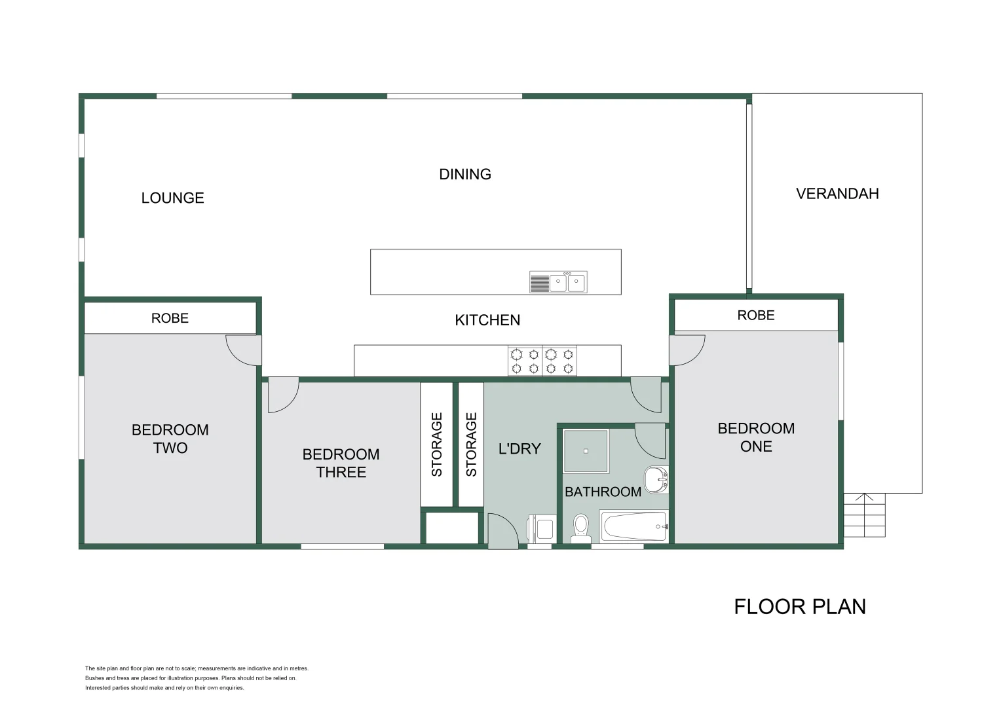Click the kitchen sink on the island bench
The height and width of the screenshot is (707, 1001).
(558, 283)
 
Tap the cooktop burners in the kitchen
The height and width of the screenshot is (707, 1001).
(542, 361)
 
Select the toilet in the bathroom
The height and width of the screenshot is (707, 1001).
(580, 528)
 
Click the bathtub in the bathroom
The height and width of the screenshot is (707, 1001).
(634, 526)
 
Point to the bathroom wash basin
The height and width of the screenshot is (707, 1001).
(656, 479)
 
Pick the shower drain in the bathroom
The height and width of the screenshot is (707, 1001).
(586, 451)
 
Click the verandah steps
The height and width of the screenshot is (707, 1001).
(864, 515)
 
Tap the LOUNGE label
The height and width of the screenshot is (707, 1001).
(172, 198)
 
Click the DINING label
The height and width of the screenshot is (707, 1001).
(464, 174)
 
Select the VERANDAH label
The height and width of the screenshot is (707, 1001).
(837, 194)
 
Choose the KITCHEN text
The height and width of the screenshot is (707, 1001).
(487, 320)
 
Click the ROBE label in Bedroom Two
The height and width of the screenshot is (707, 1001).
(170, 318)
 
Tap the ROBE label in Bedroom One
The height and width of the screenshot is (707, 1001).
(755, 316)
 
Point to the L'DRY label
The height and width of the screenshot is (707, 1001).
(519, 449)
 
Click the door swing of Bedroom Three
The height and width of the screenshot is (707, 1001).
(282, 395)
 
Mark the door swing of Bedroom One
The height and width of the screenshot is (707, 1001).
(687, 350)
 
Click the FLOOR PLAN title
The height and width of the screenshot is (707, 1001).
(799, 607)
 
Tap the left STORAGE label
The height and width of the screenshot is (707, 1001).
(437, 444)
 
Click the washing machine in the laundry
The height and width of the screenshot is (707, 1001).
(542, 528)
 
